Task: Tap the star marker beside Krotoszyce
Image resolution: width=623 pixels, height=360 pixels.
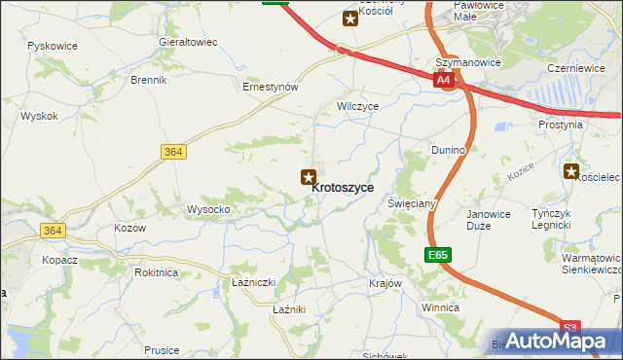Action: [308, 176]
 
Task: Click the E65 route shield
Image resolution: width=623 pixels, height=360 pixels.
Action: [438, 255]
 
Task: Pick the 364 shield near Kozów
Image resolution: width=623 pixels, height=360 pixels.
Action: [53, 230]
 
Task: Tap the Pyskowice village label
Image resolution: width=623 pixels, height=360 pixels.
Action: [53, 46]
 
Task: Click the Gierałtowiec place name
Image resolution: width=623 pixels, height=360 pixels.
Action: [188, 43]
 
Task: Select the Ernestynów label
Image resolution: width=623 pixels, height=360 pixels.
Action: [270, 86]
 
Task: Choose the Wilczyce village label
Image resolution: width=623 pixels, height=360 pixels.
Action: [356, 105]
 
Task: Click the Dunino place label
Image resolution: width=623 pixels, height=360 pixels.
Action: [449, 150]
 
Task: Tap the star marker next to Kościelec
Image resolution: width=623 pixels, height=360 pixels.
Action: [570, 171]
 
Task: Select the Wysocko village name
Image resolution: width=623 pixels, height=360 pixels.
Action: [208, 209]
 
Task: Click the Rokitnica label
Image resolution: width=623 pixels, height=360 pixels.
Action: [157, 272]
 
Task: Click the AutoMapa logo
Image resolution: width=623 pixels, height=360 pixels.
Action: [558, 341]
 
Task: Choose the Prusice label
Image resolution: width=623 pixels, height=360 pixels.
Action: [162, 349]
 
